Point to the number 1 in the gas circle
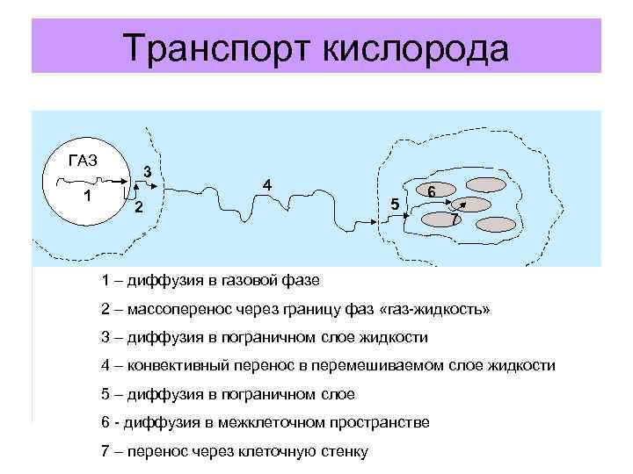(87, 196)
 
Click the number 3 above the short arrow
(149, 170)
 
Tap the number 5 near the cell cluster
(395, 205)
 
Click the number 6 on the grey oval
(433, 190)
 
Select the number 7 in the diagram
(454, 219)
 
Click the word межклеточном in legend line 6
(270, 423)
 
